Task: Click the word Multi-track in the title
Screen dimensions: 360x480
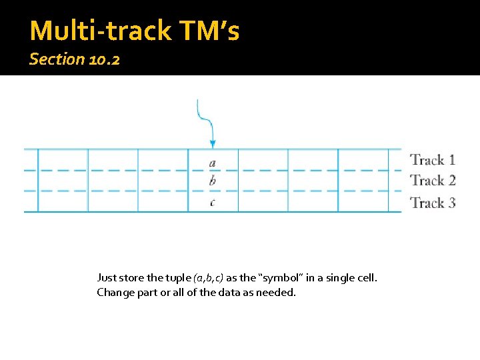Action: [94, 31]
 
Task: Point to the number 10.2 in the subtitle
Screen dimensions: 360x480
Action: [103, 59]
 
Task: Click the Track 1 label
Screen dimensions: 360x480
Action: [433, 159]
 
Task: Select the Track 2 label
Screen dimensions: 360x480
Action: [433, 181]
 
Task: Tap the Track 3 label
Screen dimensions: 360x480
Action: [433, 203]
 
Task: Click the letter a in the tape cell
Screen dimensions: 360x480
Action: [212, 162]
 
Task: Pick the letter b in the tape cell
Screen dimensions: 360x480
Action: [212, 181]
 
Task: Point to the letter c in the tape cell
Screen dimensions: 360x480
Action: [212, 202]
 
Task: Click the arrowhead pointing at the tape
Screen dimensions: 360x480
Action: [212, 143]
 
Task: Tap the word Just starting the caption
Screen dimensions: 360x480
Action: [107, 277]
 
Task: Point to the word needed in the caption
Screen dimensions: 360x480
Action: [278, 292]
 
